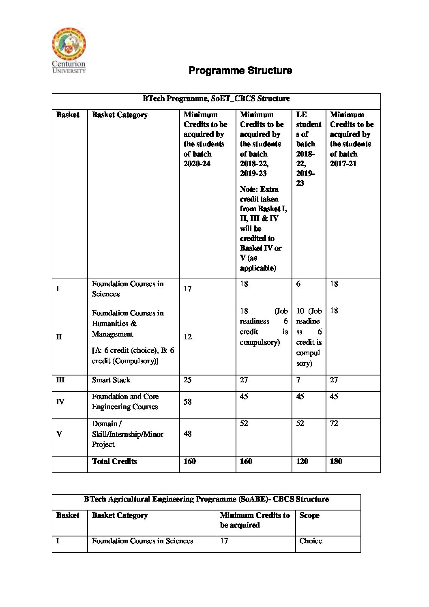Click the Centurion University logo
click(x=69, y=50)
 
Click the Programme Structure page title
click(x=240, y=71)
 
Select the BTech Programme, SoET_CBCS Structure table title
click(x=216, y=99)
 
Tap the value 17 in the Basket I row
click(x=187, y=289)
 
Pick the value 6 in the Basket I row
click(x=298, y=284)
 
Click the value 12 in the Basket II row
click(x=187, y=337)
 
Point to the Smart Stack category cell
click(x=111, y=380)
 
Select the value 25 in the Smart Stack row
click(x=187, y=380)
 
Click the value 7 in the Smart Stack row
click(x=298, y=380)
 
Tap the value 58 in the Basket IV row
click(x=187, y=402)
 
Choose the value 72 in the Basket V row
click(x=334, y=423)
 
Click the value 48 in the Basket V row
click(x=187, y=434)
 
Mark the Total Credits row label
click(x=114, y=461)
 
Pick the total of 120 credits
click(x=302, y=461)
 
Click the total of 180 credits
click(x=336, y=461)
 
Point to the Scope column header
click(x=309, y=515)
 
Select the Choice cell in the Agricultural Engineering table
click(x=311, y=541)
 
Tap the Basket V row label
click(x=59, y=434)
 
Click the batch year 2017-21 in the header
click(x=343, y=163)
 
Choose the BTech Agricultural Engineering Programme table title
click(x=206, y=499)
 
